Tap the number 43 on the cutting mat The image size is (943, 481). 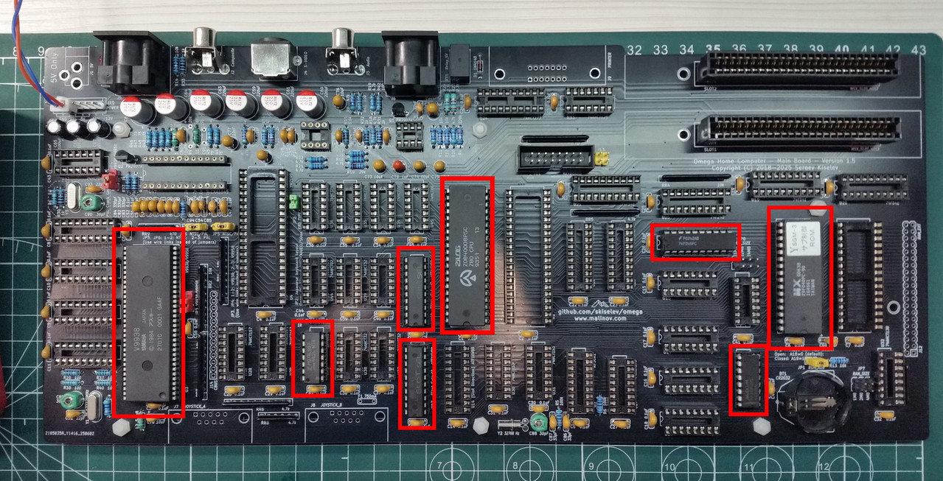point(918,49)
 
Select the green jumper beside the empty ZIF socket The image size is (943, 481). point(293,200)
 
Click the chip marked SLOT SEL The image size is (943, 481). point(417,383)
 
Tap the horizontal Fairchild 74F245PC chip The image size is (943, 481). point(695,242)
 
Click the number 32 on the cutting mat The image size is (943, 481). point(633,49)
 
